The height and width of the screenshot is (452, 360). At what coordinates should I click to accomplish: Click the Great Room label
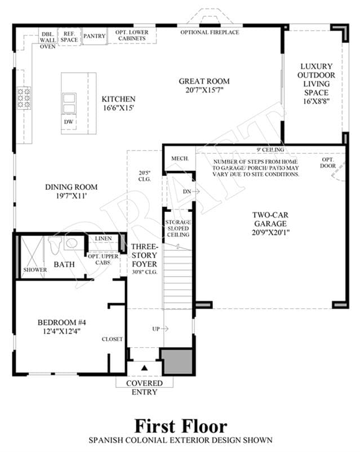pyautogui.click(x=204, y=81)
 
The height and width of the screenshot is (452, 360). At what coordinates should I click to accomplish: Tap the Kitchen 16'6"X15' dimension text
pyautogui.click(x=118, y=108)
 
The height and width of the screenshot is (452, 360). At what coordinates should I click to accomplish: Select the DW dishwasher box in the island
pyautogui.click(x=69, y=122)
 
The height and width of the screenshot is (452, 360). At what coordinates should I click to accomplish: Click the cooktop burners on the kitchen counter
pyautogui.click(x=24, y=98)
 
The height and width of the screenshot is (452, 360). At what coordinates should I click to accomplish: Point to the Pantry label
pyautogui.click(x=94, y=36)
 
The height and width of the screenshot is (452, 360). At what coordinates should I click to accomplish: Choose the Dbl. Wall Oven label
pyautogui.click(x=47, y=41)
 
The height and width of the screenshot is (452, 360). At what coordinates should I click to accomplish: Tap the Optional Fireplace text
pyautogui.click(x=210, y=32)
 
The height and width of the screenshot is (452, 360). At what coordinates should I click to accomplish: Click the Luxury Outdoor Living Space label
pyautogui.click(x=316, y=83)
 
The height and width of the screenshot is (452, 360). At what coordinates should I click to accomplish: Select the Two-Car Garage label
pyautogui.click(x=270, y=219)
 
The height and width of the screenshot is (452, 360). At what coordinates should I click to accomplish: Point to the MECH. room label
pyautogui.click(x=180, y=158)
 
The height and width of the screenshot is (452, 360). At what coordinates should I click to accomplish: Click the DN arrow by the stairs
pyautogui.click(x=196, y=191)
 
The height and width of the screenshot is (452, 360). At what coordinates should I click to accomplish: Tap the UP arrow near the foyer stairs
pyautogui.click(x=165, y=329)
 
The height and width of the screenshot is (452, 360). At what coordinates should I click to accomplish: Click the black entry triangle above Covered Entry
pyautogui.click(x=144, y=368)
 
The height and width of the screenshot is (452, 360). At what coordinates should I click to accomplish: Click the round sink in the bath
pyautogui.click(x=71, y=243)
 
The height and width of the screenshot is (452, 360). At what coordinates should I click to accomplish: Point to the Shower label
pyautogui.click(x=35, y=270)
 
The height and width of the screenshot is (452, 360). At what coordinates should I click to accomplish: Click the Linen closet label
pyautogui.click(x=103, y=239)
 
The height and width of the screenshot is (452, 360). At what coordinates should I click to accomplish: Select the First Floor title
pyautogui.click(x=181, y=426)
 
